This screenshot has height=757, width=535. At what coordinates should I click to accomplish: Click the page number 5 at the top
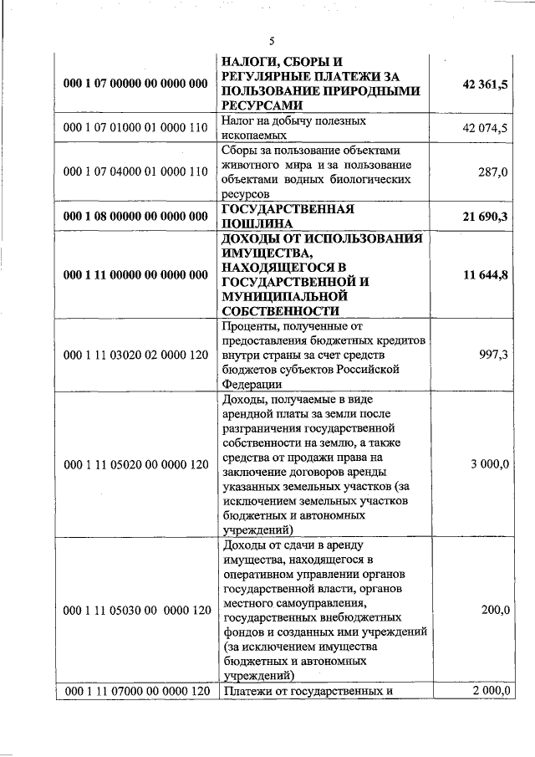tap(271, 42)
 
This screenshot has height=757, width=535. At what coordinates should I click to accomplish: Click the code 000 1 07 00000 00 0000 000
tap(135, 84)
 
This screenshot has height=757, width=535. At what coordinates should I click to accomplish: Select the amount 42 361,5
tap(485, 84)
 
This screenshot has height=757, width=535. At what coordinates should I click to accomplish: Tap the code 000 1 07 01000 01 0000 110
tap(135, 128)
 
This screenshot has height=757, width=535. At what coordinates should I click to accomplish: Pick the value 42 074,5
tap(485, 128)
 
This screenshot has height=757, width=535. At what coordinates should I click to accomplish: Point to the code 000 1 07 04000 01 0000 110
tap(135, 171)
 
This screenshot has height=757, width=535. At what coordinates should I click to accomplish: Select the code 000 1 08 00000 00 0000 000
tap(135, 216)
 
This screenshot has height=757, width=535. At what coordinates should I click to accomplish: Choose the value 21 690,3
tap(485, 216)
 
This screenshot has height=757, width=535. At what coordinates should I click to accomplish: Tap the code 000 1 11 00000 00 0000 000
tap(135, 274)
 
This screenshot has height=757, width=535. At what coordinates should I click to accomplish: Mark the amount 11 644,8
tap(485, 274)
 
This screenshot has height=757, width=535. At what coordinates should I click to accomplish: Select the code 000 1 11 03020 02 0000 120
tap(135, 355)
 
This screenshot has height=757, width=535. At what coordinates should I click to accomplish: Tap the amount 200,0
tap(496, 610)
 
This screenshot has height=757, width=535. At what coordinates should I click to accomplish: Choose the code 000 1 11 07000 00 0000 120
tap(135, 690)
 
